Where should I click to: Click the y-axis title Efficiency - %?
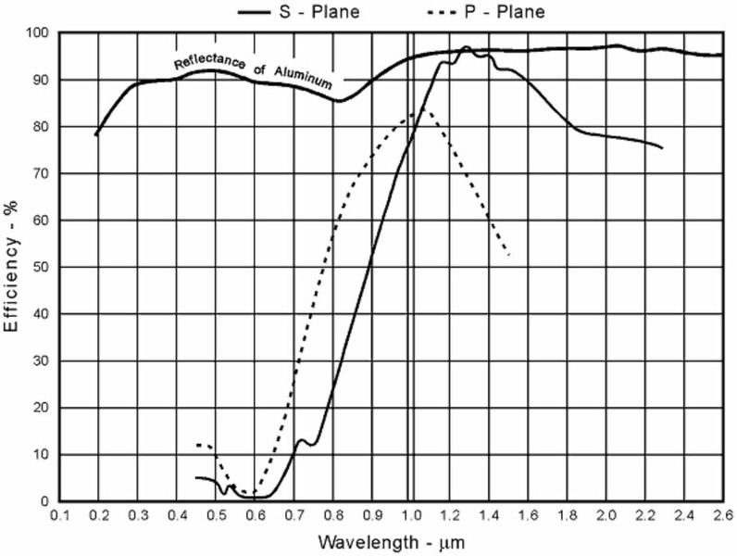[x=13, y=268]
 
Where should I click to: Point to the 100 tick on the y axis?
[x=39, y=33]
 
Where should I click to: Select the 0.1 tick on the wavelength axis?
[x=60, y=514]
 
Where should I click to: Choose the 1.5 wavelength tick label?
[x=508, y=514]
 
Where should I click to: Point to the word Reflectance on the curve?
[x=207, y=63]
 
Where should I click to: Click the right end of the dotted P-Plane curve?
[x=508, y=254]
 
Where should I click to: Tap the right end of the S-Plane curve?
[x=662, y=148]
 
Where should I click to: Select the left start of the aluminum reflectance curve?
[x=96, y=135]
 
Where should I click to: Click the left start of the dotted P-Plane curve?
[x=196, y=445]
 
